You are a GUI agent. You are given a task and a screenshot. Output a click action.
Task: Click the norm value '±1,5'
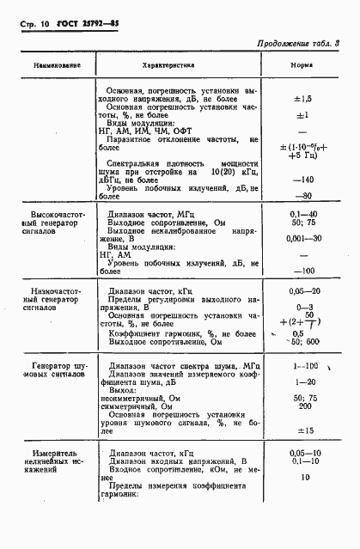[x=302, y=99]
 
